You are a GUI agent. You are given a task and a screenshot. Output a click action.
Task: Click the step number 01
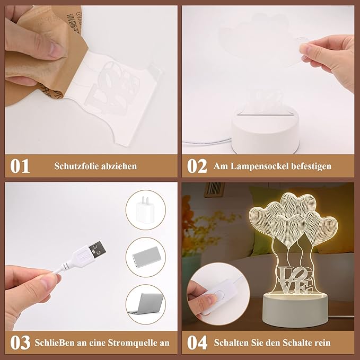20,166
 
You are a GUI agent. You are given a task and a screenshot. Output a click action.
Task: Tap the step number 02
197,166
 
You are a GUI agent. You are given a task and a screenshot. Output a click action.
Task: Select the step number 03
20,343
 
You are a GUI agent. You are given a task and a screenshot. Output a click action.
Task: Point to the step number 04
197,343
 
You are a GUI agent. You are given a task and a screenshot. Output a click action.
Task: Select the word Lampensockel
259,166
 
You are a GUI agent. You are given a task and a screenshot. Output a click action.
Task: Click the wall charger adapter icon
143,209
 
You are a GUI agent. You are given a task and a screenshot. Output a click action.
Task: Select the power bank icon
145,257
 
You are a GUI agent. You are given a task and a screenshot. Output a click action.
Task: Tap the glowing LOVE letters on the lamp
295,280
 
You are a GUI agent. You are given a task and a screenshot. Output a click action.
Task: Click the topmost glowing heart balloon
298,204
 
